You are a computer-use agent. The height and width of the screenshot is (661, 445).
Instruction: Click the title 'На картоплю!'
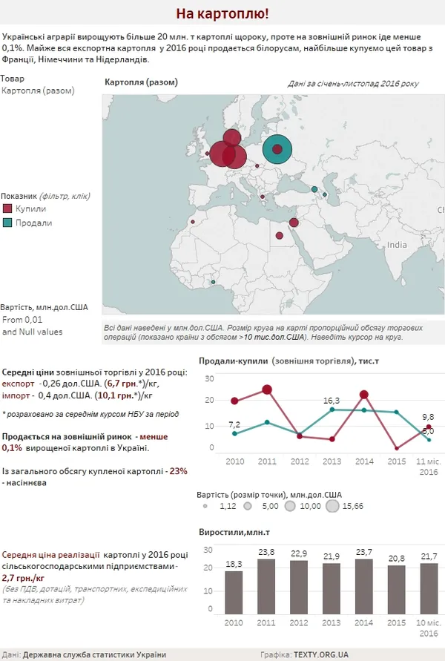[x=222, y=13]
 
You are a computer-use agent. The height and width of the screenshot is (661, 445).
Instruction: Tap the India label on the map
[x=397, y=245]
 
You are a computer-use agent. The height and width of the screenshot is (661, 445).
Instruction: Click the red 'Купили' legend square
[x=7, y=208]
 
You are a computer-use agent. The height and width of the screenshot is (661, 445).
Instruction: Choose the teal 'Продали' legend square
[x=7, y=223]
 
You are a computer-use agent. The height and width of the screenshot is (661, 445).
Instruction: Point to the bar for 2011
[x=266, y=586]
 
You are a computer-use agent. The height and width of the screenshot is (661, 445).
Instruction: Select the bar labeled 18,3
[x=234, y=592]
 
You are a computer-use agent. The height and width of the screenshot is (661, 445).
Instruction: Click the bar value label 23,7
[x=364, y=552]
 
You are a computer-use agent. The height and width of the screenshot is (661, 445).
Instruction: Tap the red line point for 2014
[x=364, y=395]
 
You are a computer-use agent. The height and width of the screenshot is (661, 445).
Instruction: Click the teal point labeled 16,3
[x=332, y=410]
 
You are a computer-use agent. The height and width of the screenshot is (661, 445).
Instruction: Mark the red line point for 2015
[x=397, y=448]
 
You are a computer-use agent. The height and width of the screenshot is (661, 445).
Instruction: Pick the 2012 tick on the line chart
[x=300, y=461]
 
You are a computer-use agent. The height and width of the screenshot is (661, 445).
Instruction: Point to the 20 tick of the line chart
[x=209, y=400]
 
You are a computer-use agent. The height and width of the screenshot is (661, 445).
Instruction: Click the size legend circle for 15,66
[x=332, y=506]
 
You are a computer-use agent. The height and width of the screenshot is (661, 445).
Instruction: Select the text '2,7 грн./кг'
[x=23, y=578]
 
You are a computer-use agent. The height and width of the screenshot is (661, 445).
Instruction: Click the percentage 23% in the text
[x=178, y=471]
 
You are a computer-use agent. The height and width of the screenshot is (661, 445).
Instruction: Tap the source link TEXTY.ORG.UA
[x=321, y=654]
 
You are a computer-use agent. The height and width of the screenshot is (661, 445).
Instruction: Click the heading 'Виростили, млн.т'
[x=234, y=533]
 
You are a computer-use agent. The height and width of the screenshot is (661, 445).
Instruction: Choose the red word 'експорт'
[x=18, y=384]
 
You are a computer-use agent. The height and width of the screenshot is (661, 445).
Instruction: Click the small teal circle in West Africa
[x=214, y=282]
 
